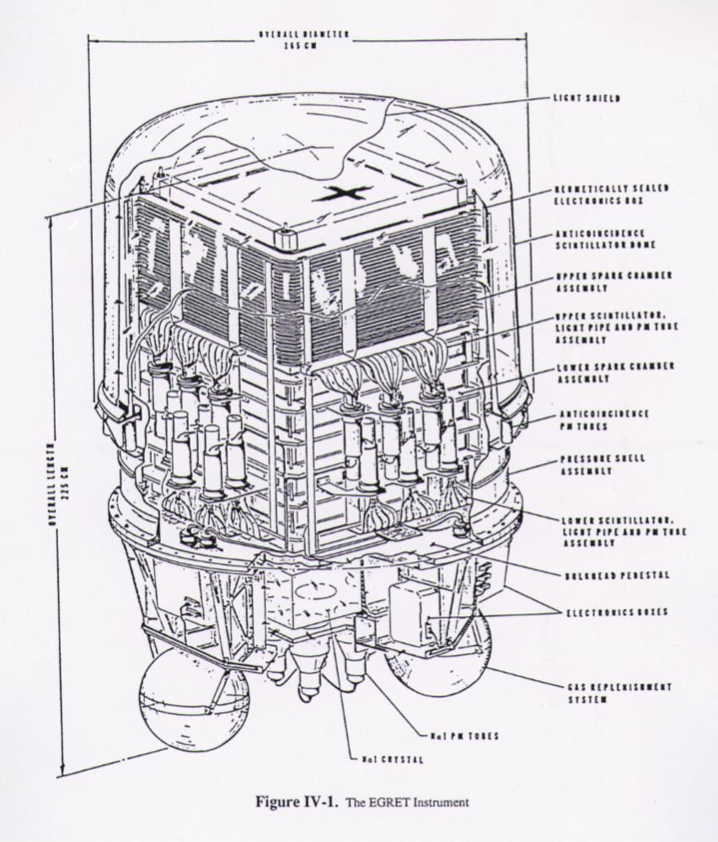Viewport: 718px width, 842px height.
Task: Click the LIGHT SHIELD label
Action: [587, 99]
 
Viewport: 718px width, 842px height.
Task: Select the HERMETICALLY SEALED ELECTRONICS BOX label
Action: [600, 194]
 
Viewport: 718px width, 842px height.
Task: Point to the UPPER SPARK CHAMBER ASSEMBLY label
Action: [602, 282]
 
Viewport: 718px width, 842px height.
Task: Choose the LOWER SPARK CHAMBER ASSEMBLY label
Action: [603, 373]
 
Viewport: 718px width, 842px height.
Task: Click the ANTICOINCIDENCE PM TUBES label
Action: [603, 419]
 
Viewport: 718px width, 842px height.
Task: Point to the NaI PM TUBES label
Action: [464, 736]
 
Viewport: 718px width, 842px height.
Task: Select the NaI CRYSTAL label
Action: [392, 759]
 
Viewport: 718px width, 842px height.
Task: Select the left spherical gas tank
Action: [194, 698]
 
